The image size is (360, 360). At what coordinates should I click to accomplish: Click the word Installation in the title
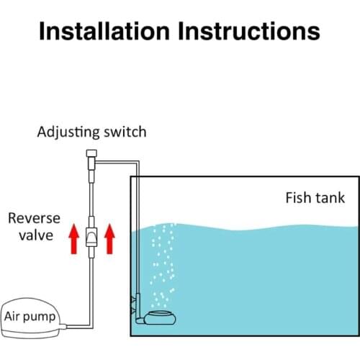(104, 31)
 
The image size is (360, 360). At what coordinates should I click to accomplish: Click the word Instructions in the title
(249, 31)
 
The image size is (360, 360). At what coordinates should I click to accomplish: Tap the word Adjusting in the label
(68, 132)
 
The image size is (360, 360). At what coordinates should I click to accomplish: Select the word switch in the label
(125, 132)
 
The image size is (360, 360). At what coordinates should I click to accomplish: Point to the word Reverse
(34, 218)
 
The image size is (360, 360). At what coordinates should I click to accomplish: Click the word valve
(36, 235)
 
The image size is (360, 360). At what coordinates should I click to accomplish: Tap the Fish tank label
(315, 198)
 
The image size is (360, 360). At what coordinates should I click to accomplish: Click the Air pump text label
(30, 317)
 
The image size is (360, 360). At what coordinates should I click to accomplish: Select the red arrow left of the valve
(74, 238)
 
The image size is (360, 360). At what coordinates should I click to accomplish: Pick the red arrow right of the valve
(109, 238)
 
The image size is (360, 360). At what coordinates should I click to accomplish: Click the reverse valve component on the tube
(91, 237)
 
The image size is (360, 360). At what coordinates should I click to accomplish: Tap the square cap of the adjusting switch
(91, 153)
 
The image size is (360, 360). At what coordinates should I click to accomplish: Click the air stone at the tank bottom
(160, 318)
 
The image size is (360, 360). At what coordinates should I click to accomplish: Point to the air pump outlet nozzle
(63, 326)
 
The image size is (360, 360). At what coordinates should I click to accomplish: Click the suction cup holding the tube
(133, 305)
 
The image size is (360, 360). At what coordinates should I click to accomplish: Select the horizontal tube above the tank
(117, 163)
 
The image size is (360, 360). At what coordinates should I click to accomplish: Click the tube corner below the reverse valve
(91, 327)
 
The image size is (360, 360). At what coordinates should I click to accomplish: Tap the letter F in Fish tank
(289, 198)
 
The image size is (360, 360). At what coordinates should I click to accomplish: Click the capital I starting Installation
(42, 31)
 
